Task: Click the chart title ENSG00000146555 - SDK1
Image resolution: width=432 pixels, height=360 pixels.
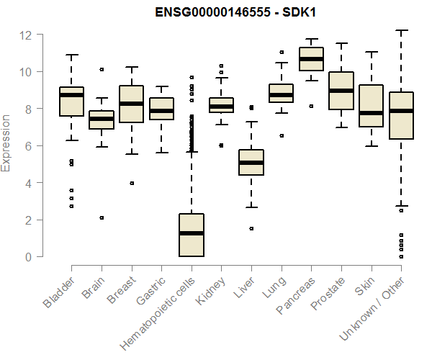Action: coord(238,12)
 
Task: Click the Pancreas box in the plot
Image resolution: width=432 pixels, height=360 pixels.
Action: coord(312,59)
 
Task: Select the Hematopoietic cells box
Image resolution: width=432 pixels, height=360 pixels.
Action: coord(192,235)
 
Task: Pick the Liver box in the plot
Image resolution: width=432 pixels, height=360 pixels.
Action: coord(251,162)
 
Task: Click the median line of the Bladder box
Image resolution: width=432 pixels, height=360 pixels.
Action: coord(71,95)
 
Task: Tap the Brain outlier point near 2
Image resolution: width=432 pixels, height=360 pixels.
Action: coord(102,217)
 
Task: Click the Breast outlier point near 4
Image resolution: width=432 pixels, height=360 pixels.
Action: coord(132,183)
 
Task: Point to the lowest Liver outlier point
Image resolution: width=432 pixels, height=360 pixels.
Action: coord(251,228)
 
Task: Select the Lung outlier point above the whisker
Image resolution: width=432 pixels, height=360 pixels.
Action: coord(282,52)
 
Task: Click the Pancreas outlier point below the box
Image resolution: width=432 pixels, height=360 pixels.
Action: coord(312,106)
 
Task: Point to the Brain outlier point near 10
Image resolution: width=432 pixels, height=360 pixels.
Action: coord(102,70)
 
